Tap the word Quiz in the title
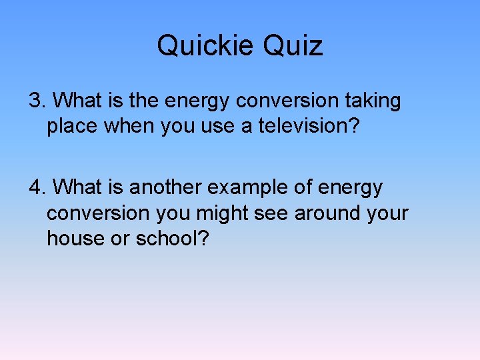point(293,46)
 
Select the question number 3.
point(36,101)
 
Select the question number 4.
point(36,188)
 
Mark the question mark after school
point(203,239)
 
